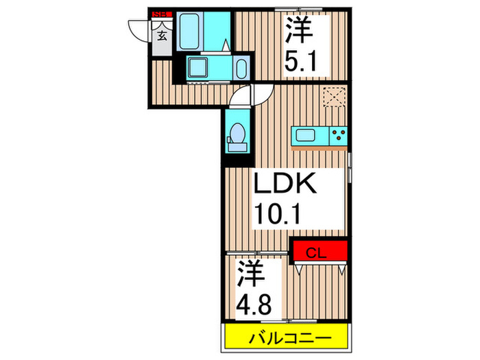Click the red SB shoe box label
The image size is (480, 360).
tap(162, 13)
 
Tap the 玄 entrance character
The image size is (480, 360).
tap(163, 36)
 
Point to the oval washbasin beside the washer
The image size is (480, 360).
tap(240, 69)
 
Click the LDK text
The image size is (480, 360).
tap(286, 184)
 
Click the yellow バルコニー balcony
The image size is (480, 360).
tap(289, 337)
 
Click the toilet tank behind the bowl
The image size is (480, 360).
tap(238, 145)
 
